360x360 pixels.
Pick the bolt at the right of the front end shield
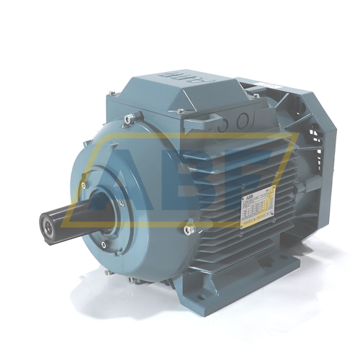click(189, 230)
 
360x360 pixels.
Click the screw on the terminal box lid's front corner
click(179, 111)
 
